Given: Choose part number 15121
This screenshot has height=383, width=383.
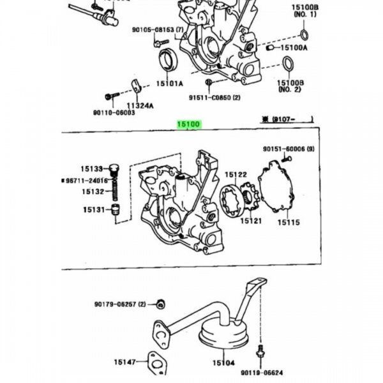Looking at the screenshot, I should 251,221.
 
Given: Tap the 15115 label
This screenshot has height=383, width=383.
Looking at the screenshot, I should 288,223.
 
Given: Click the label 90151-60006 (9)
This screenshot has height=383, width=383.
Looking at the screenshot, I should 289,149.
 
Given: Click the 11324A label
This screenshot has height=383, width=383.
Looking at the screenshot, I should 139,105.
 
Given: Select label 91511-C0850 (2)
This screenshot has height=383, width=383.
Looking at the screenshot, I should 214,98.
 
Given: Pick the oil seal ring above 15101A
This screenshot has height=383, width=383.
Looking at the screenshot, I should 169,59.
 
